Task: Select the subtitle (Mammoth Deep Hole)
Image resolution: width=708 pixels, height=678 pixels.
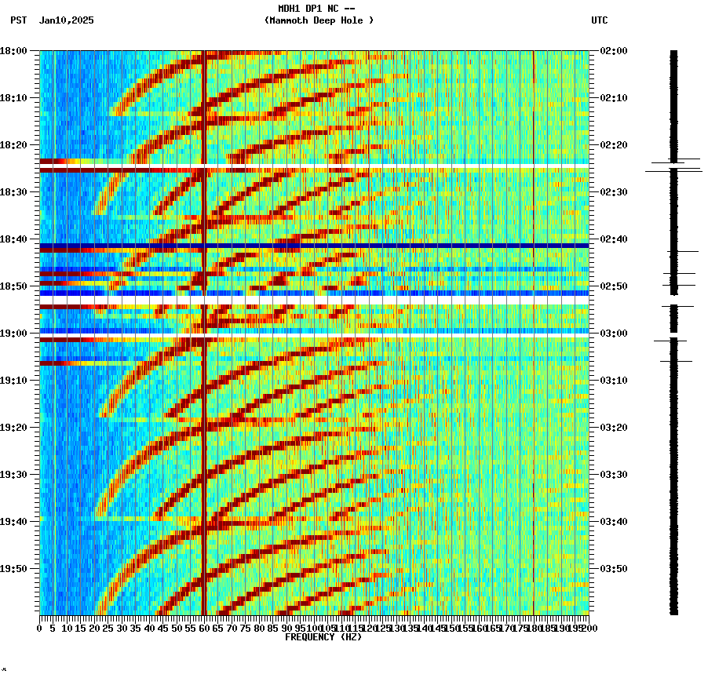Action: click(319, 20)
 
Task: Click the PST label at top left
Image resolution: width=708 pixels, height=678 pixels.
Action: click(19, 20)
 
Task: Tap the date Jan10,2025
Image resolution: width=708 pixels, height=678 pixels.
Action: click(66, 20)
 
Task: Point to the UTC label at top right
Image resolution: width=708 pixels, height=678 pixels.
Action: click(599, 20)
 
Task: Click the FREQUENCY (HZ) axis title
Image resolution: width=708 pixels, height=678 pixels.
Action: click(323, 637)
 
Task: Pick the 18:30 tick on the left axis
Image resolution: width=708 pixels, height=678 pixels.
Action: click(13, 191)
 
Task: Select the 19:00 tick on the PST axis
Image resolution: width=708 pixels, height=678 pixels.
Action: click(13, 333)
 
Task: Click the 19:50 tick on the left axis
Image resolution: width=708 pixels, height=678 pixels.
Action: click(13, 568)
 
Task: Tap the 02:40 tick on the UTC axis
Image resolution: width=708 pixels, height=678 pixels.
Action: click(614, 239)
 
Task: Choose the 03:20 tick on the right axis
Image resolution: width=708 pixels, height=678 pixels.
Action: click(614, 427)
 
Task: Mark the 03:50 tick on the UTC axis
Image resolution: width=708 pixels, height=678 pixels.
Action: click(614, 568)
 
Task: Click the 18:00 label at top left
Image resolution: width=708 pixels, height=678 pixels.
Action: click(13, 50)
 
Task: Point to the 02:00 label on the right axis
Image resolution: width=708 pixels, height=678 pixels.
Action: click(614, 50)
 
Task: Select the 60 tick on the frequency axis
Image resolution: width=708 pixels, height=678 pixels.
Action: click(204, 629)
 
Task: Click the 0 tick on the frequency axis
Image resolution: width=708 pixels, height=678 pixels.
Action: click(40, 629)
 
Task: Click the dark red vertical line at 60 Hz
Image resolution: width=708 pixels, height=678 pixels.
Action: click(204, 392)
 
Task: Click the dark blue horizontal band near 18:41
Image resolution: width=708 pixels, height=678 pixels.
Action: click(314, 246)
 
